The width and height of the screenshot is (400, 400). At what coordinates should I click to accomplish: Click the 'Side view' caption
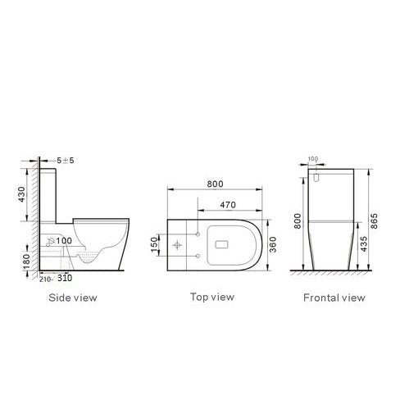point(73,298)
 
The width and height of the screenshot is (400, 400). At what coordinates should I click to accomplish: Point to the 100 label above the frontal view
point(312,159)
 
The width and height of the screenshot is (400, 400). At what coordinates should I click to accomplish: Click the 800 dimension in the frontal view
point(300,220)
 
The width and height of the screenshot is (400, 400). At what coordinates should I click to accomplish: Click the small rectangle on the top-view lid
point(222,243)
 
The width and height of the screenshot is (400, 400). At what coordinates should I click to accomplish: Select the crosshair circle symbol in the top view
point(180,244)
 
